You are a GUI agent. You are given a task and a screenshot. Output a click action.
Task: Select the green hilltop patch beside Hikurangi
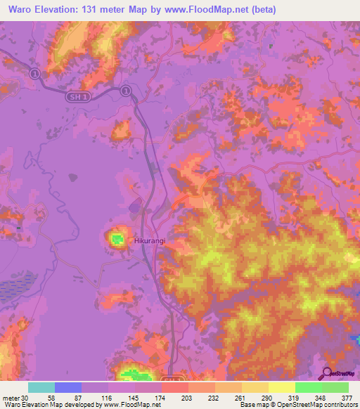tap(117, 240)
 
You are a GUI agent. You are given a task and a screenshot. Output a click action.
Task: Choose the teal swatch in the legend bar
tap(41, 387)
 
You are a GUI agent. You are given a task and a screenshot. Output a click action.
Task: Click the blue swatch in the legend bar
tap(68, 387)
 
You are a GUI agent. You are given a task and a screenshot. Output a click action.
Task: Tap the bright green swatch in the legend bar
tap(309, 387)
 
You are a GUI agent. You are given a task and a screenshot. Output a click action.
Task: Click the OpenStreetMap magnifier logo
tap(326, 373)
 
